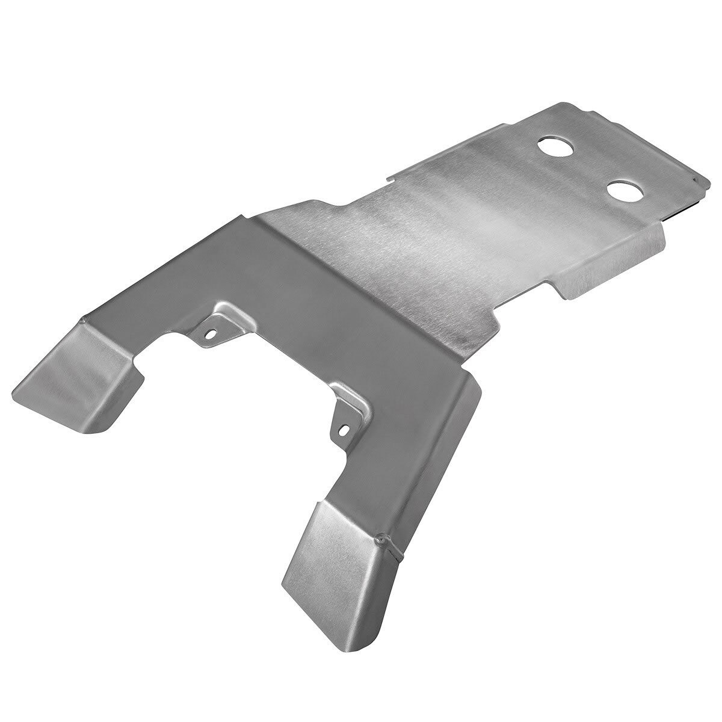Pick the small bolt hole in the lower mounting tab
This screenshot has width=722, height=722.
[344, 430]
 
